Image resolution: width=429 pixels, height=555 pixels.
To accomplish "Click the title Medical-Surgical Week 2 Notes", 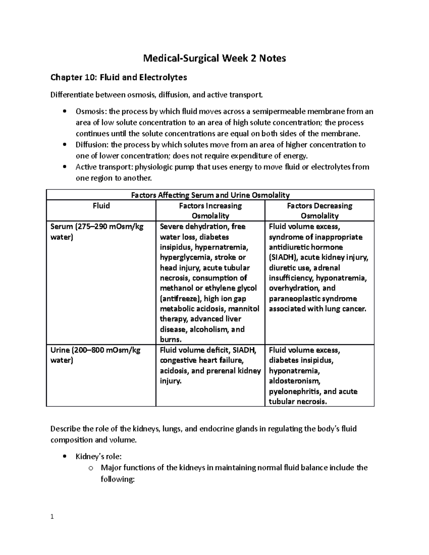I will (x=214, y=58).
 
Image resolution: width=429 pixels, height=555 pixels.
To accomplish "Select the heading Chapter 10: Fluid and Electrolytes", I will (x=119, y=77).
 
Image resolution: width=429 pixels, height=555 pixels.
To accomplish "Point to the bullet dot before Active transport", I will (x=64, y=167).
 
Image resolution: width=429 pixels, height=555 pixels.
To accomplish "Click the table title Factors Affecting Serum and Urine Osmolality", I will (x=210, y=195).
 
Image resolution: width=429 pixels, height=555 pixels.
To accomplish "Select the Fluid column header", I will (x=101, y=206).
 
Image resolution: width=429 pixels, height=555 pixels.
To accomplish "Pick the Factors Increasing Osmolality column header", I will (x=210, y=210).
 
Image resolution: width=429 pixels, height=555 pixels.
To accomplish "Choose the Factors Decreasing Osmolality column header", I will (x=320, y=210).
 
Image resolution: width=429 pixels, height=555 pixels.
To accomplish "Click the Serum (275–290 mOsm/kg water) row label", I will (x=97, y=232).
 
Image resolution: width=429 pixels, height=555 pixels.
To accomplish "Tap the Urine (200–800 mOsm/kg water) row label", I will (x=95, y=355).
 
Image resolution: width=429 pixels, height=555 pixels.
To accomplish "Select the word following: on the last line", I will (x=118, y=479).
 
